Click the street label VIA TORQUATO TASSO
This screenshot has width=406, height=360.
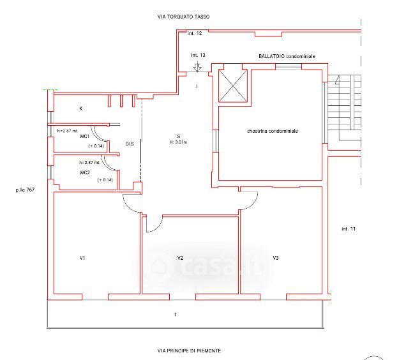click(183, 17)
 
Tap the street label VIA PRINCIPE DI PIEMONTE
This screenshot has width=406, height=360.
click(189, 350)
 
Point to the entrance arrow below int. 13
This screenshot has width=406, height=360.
click(197, 67)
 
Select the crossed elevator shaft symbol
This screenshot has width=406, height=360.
click(233, 86)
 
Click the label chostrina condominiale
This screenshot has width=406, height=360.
click(273, 131)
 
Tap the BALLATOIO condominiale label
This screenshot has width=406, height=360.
click(287, 56)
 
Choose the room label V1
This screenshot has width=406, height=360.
click(82, 258)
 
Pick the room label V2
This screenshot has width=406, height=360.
click(180, 258)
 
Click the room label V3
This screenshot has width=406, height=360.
click(276, 258)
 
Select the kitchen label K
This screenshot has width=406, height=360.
click(81, 109)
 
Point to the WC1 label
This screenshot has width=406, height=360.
click(84, 136)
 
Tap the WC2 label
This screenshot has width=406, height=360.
click(85, 172)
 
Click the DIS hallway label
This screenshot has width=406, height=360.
click(130, 144)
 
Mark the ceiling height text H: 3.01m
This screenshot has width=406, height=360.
click(178, 142)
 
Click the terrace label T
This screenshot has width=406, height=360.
click(176, 315)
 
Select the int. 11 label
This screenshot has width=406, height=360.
click(349, 229)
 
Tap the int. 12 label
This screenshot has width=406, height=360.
click(195, 33)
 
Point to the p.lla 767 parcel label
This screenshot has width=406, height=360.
click(25, 190)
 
